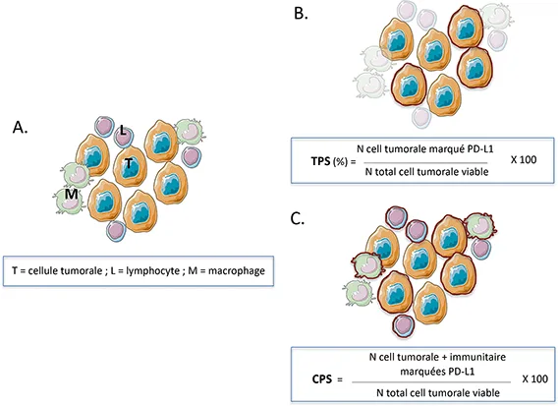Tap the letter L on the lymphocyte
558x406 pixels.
pos(123,130)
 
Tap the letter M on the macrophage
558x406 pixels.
pos(71,196)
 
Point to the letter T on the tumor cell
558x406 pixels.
pos(129,163)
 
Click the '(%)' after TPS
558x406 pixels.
pos(339,160)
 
